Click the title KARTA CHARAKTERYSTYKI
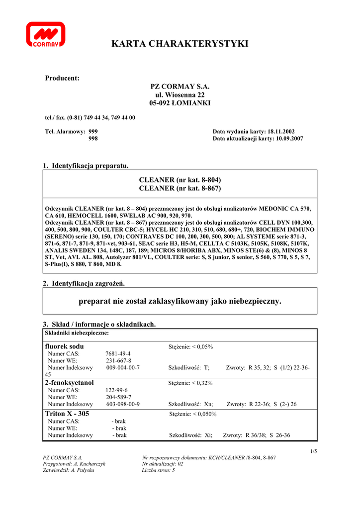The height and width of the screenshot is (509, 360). (180, 44)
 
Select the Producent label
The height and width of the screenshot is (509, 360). (62, 78)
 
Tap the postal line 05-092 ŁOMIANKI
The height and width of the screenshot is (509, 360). (180, 103)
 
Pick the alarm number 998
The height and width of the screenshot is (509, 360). (93, 139)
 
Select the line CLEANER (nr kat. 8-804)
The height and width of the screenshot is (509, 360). (180, 179)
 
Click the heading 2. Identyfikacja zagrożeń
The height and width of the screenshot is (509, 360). (84, 283)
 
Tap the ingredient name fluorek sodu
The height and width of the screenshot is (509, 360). (65, 346)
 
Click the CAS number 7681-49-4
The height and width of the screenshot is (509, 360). (118, 353)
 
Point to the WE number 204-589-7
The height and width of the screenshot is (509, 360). (118, 397)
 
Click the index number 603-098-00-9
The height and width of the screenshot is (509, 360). (123, 404)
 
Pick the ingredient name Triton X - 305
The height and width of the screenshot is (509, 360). (67, 413)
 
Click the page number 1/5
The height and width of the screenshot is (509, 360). (313, 451)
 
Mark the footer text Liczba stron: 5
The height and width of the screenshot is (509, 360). (158, 470)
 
